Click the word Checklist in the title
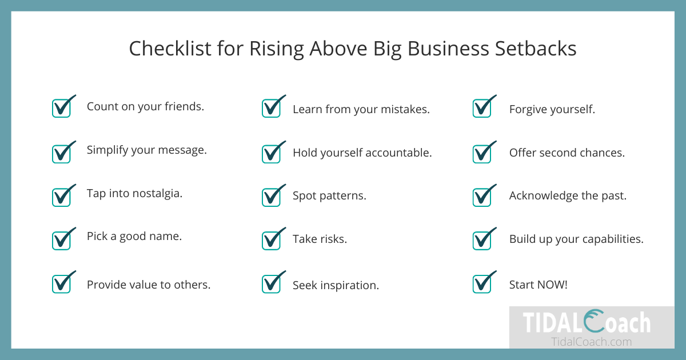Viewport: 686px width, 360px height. click(170, 49)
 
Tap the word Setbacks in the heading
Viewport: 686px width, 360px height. click(536, 49)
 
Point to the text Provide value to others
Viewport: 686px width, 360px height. click(149, 285)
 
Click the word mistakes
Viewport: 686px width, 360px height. click(405, 109)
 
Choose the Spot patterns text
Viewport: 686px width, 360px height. click(329, 196)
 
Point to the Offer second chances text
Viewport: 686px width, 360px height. click(567, 153)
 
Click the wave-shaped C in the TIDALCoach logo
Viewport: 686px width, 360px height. click(594, 321)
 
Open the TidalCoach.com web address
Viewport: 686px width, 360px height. click(591, 342)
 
